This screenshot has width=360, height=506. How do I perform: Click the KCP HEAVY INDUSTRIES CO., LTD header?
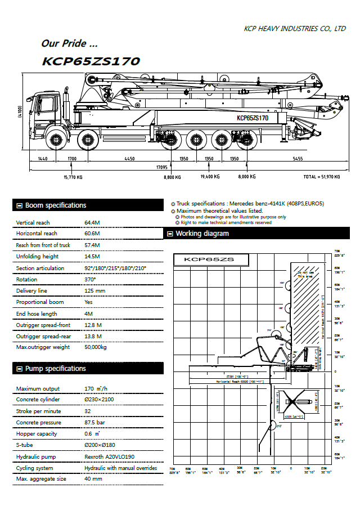point(295,28)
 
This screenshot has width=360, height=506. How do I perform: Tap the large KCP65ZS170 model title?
point(91,61)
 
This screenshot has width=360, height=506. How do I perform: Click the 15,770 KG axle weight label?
point(73,177)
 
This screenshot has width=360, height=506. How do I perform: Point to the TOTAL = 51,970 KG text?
point(321,177)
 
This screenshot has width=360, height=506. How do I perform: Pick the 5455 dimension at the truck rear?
point(298,159)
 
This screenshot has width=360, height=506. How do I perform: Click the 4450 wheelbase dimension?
point(129,159)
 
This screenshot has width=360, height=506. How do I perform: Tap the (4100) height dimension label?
point(20,112)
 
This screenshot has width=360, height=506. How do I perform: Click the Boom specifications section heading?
point(56,205)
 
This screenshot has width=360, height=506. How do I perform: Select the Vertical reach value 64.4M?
point(92,223)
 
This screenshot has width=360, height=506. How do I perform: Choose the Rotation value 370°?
point(90,279)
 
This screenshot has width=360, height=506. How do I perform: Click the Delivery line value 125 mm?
point(94,291)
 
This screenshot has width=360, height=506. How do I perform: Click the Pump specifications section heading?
point(55,369)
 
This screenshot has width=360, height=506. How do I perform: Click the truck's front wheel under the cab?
point(55,140)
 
